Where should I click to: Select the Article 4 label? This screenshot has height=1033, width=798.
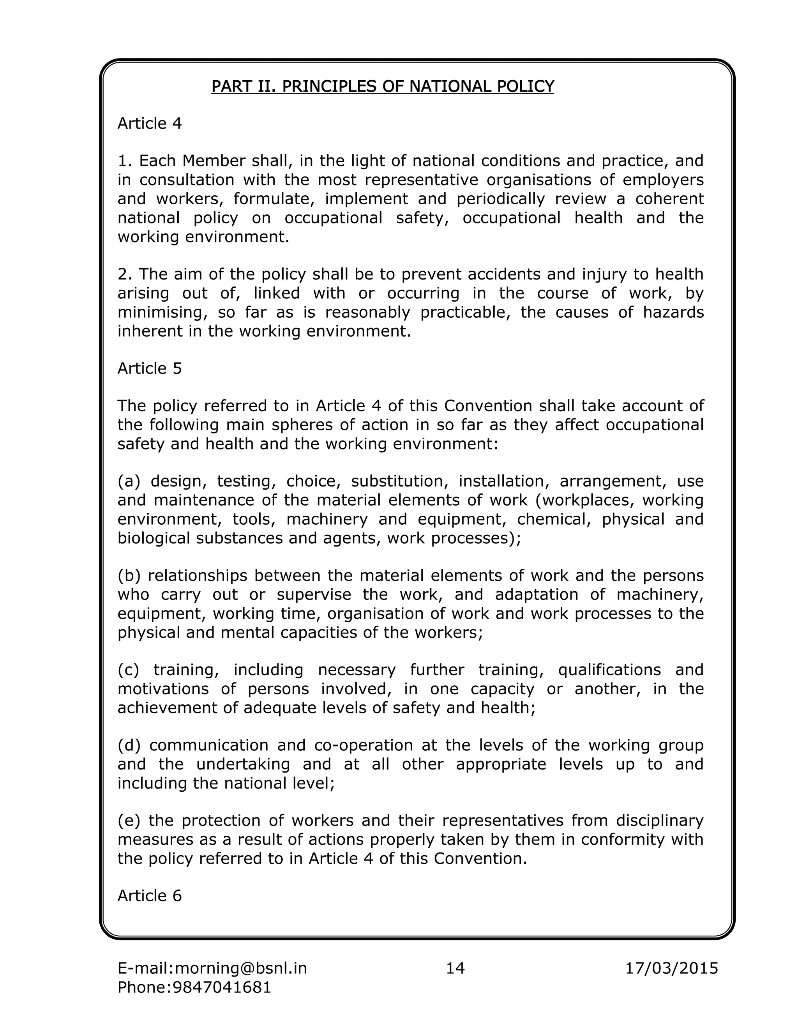[149, 124]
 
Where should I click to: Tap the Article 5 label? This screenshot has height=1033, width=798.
[149, 368]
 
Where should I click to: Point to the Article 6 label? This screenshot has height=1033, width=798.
[149, 896]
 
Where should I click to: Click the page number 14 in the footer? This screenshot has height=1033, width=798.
[455, 968]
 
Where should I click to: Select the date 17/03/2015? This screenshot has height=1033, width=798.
[671, 968]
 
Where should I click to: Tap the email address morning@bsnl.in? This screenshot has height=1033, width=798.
[241, 968]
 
